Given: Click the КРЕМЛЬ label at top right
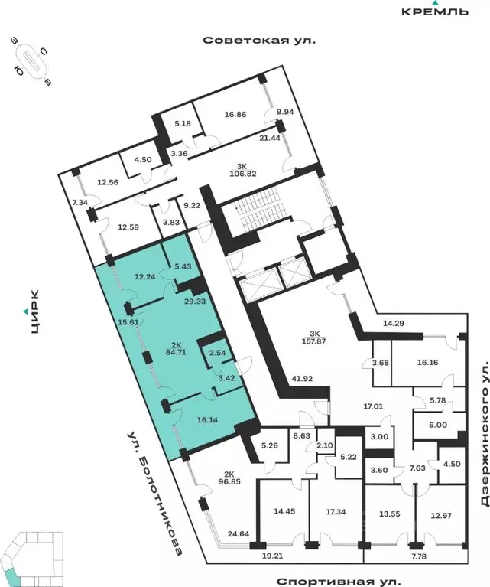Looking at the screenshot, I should pyautogui.click(x=435, y=11).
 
